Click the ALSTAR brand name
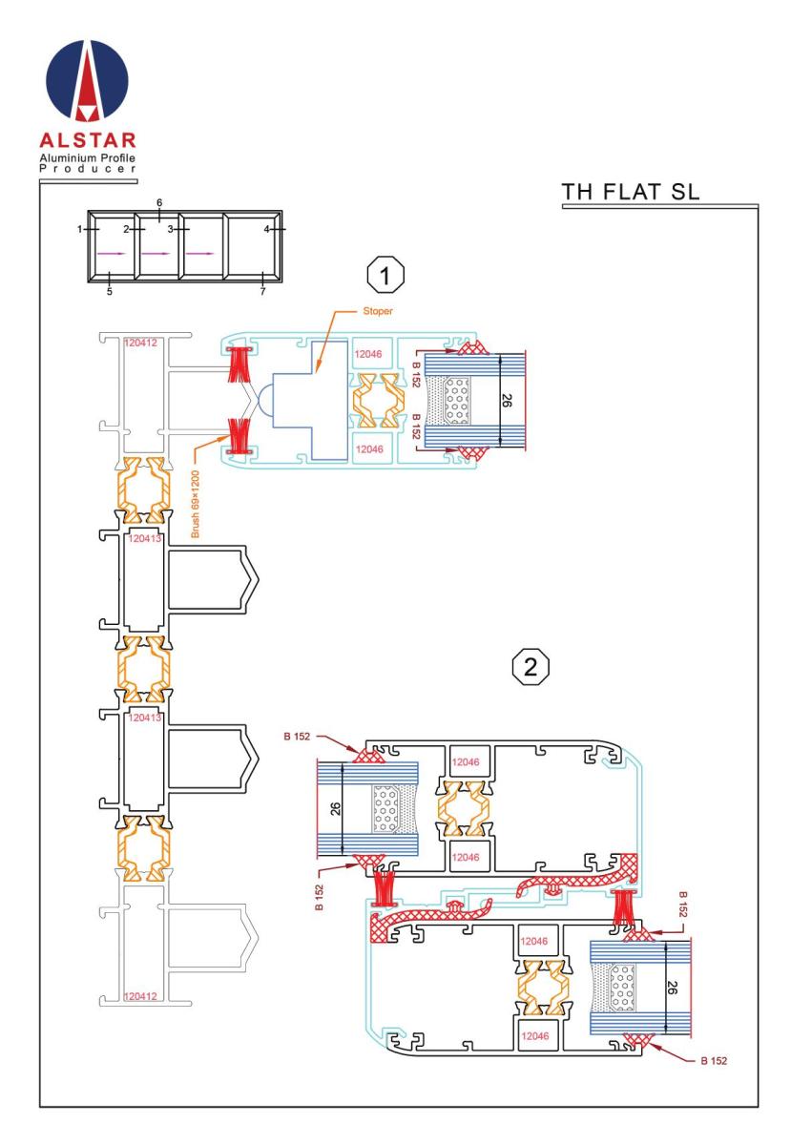click(x=88, y=140)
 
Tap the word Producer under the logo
click(x=88, y=169)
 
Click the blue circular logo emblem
click(x=87, y=81)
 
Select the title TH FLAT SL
click(x=630, y=192)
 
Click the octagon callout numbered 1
click(x=385, y=276)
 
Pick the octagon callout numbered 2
click(x=531, y=667)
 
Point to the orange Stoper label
click(x=377, y=311)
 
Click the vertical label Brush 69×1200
click(x=195, y=504)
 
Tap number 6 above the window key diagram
click(x=159, y=203)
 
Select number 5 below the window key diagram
click(x=110, y=292)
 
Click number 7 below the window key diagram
click(x=262, y=292)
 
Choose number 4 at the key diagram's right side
click(x=266, y=229)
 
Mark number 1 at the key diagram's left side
click(x=80, y=229)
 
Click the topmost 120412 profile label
click(x=140, y=343)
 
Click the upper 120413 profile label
click(x=145, y=538)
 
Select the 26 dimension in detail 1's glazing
click(x=506, y=400)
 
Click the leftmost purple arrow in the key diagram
click(x=111, y=253)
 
